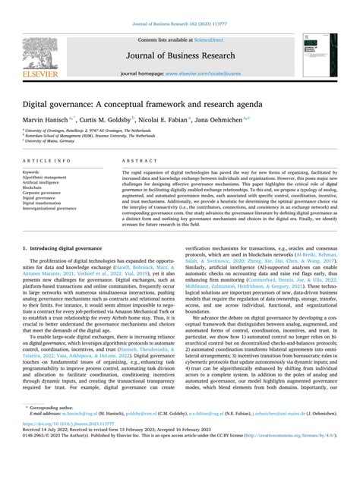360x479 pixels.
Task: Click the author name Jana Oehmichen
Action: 239,118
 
